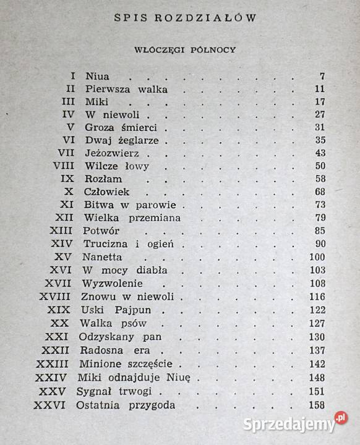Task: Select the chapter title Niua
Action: (x=96, y=77)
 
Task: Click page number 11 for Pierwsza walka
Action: (x=320, y=89)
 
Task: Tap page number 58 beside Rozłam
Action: (x=320, y=179)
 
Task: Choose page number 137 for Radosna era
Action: (x=317, y=350)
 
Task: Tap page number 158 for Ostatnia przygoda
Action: (x=317, y=405)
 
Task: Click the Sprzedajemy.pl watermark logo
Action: (x=287, y=424)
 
